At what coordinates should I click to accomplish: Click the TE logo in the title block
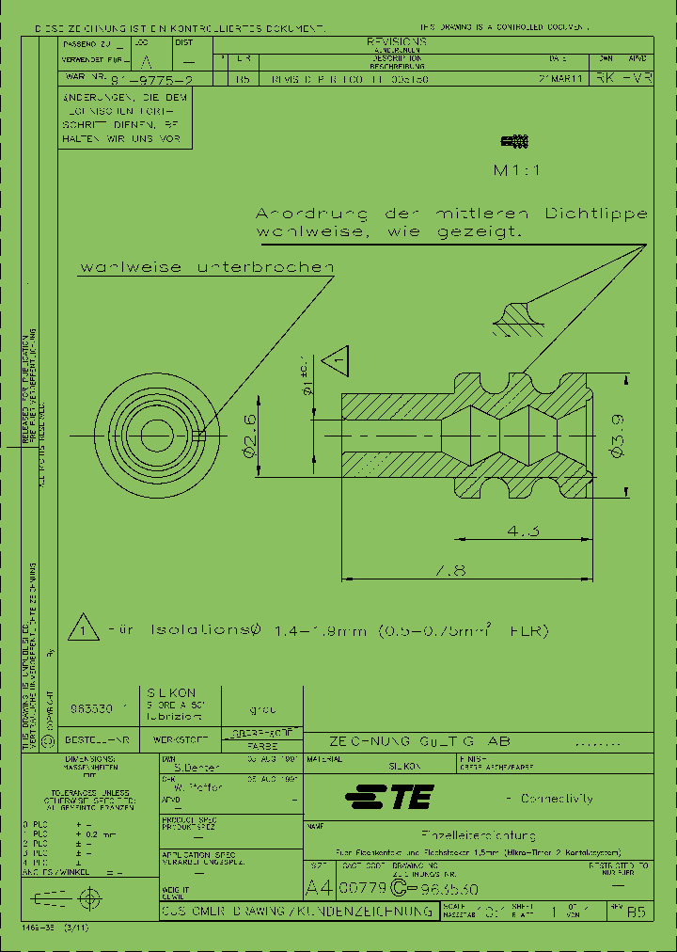(x=388, y=799)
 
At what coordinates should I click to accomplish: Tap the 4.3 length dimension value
(x=523, y=532)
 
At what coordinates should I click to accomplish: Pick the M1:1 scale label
(x=517, y=171)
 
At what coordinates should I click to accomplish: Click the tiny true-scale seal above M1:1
(x=515, y=143)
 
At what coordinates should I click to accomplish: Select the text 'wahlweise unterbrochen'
(x=207, y=268)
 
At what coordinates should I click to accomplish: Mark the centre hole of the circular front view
(x=154, y=434)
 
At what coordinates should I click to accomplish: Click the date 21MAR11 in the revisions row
(x=563, y=81)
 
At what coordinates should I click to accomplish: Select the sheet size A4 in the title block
(x=320, y=887)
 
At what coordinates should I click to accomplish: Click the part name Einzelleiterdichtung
(x=479, y=835)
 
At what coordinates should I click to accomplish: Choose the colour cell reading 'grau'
(x=261, y=710)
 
